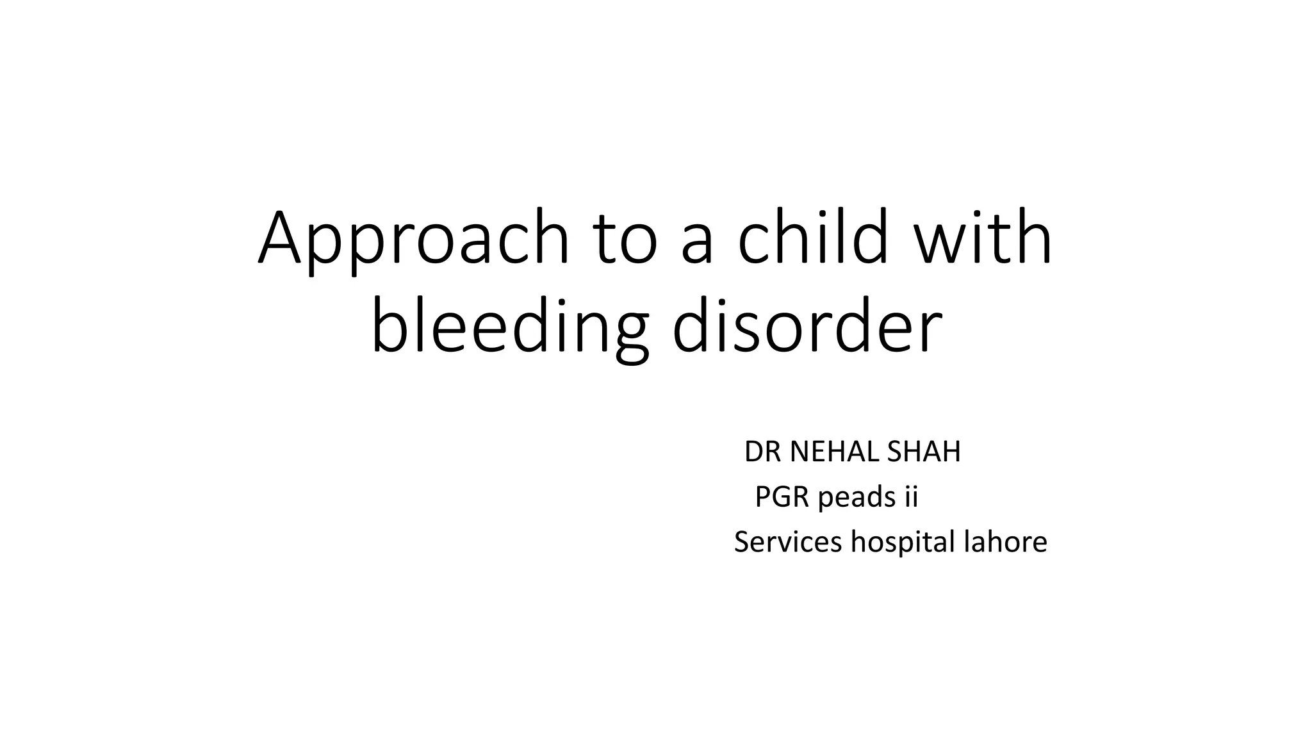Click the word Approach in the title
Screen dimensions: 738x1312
[x=413, y=238]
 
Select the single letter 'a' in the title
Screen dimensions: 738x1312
[x=698, y=243]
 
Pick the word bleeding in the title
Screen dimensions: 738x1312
[x=509, y=328]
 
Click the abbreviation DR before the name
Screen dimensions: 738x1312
[x=762, y=452]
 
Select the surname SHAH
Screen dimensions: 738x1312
[x=924, y=452]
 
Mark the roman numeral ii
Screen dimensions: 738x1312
[x=910, y=497]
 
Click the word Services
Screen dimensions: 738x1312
[x=787, y=542]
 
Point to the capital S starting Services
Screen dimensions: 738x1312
[x=741, y=542]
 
